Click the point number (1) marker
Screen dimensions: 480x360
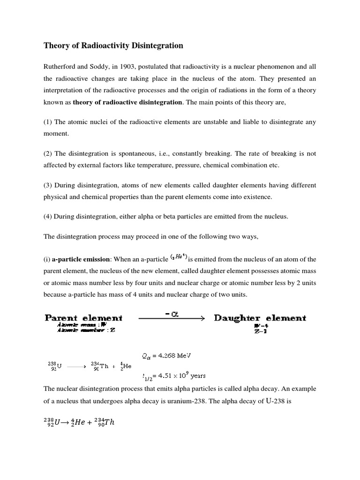(48, 122)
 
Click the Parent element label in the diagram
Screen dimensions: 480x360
(83, 318)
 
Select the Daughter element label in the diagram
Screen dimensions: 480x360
(260, 318)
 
